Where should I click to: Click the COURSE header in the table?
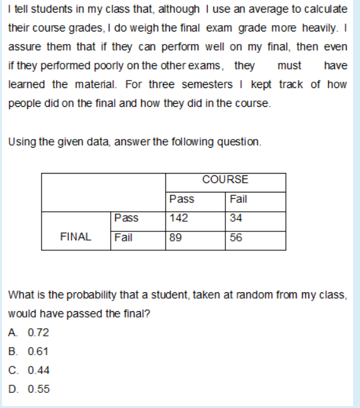pos(225,180)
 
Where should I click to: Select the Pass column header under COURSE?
pos(182,199)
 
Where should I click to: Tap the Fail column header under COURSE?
pos(239,199)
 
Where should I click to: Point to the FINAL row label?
pos(76,237)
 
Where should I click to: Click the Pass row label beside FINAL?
pos(127,218)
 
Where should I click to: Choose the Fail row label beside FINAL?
pos(123,238)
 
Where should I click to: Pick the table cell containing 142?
pos(179,218)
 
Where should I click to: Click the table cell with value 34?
pos(237,218)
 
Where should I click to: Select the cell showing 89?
pos(176,238)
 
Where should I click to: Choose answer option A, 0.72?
pos(29,333)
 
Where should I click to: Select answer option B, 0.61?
pos(29,351)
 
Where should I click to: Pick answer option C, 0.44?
pos(29,370)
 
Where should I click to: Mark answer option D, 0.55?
pos(29,389)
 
